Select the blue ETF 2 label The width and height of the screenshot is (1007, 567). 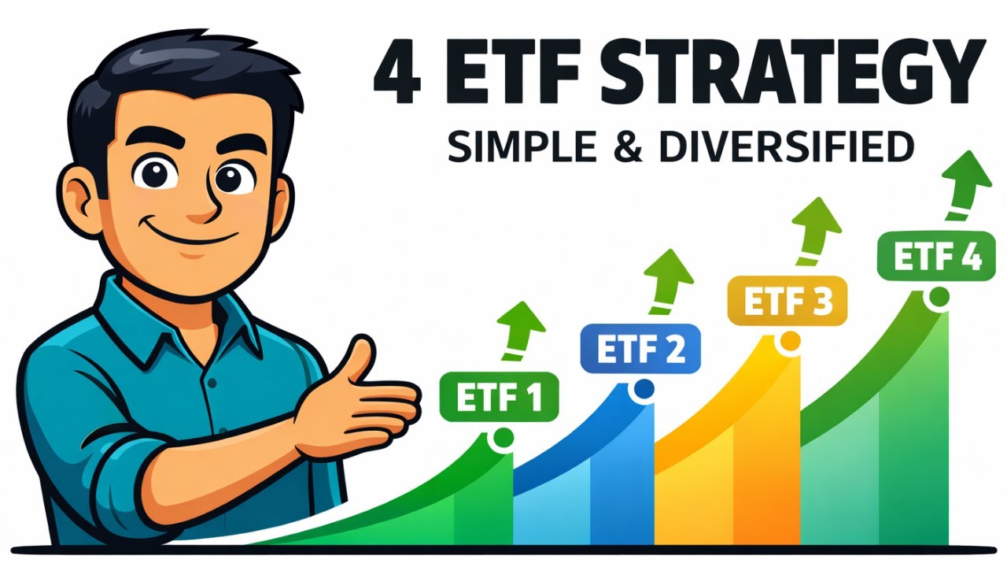(x=640, y=348)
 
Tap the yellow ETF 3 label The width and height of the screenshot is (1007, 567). (x=787, y=301)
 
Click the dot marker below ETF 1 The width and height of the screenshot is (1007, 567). (x=503, y=437)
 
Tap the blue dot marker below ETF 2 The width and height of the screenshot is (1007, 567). (x=643, y=388)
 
